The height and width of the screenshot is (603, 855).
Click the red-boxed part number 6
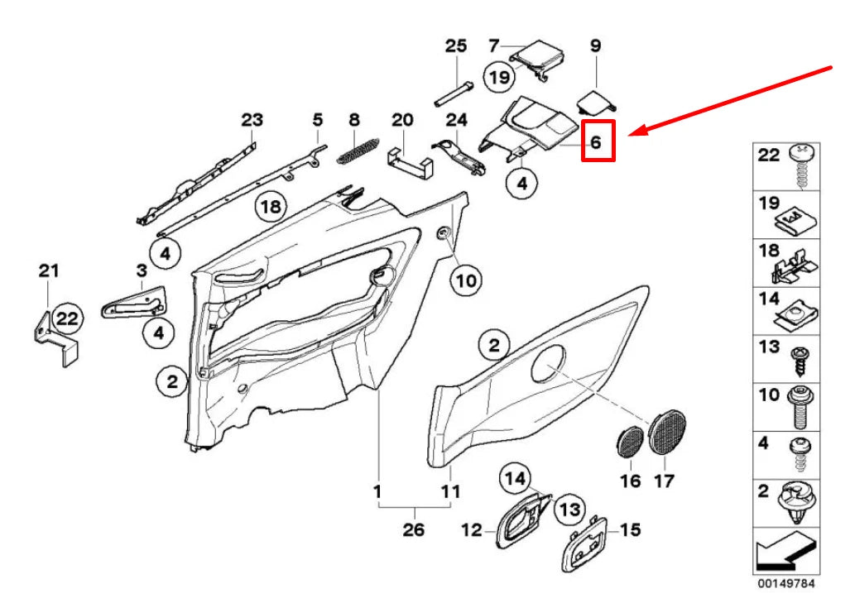[597, 141]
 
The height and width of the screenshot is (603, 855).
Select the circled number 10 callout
[466, 280]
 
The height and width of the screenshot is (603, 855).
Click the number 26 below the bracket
[413, 529]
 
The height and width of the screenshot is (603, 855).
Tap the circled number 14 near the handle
[516, 478]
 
